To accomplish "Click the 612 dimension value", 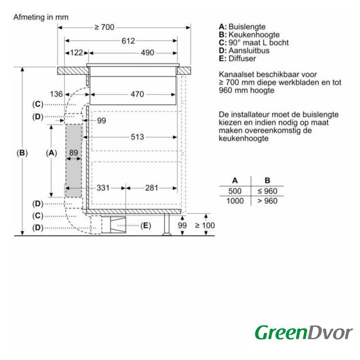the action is [128, 41].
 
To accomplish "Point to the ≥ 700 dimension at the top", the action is [105, 28].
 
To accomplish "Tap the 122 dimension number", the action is [76, 53].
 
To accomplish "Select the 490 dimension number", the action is [147, 53].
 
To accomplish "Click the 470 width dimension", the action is [137, 94].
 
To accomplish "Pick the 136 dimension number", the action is [56, 94].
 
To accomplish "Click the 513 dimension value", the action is [137, 137].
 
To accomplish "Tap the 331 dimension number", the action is [103, 188].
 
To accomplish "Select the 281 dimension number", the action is [151, 188].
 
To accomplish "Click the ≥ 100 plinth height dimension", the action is [205, 226].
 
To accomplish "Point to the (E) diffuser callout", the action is [146, 226].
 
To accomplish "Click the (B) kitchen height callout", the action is [22, 153].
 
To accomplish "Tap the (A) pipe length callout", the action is [51, 153].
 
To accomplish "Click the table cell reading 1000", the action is [235, 201].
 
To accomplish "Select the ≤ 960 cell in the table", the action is [268, 191].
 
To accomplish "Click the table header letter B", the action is [267, 181].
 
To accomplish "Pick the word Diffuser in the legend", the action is [242, 58].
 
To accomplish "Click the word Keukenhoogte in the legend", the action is [254, 35].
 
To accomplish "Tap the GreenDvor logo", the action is [304, 332].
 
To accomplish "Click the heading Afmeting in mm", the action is [41, 17].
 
